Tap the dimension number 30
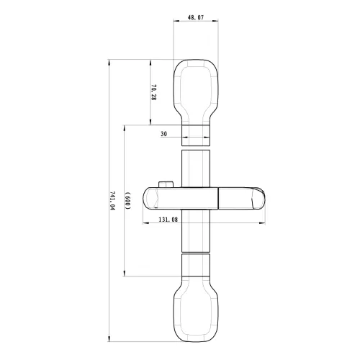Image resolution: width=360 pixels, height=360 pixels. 164,134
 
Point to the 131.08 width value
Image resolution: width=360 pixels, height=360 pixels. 168,221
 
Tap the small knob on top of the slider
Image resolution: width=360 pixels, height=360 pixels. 168,184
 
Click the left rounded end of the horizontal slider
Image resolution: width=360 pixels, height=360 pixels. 153,198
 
